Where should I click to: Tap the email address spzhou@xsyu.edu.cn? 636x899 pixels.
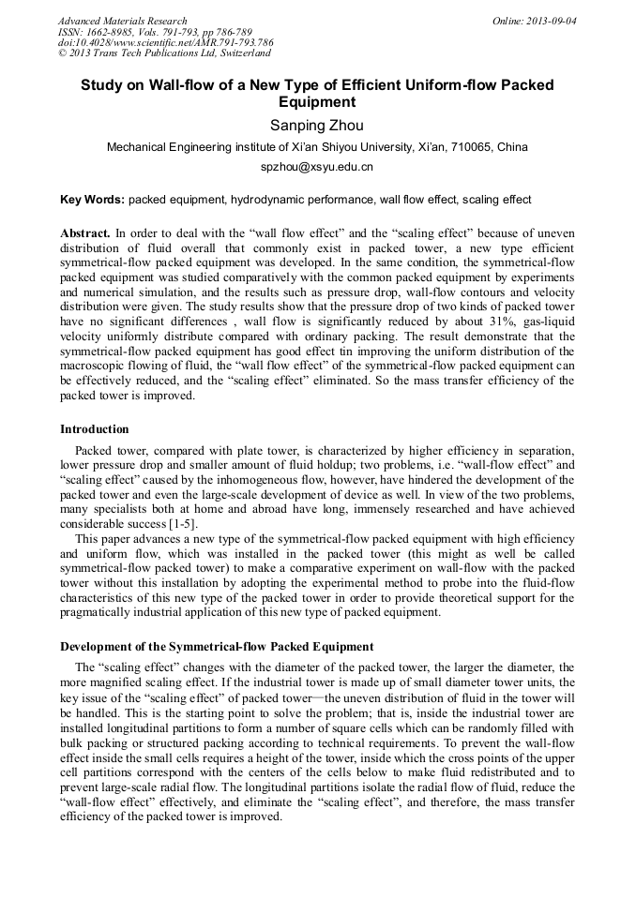[x=317, y=168]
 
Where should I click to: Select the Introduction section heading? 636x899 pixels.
[x=95, y=429]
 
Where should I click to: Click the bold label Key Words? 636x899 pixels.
[x=92, y=200]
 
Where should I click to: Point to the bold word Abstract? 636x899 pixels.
[x=85, y=232]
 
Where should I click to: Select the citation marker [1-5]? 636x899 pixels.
[x=176, y=522]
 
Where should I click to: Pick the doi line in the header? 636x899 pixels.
[x=165, y=42]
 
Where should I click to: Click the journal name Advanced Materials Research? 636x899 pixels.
[x=122, y=21]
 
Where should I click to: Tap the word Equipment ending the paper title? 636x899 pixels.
[x=317, y=101]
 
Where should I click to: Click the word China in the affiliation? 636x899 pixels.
[x=512, y=147]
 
